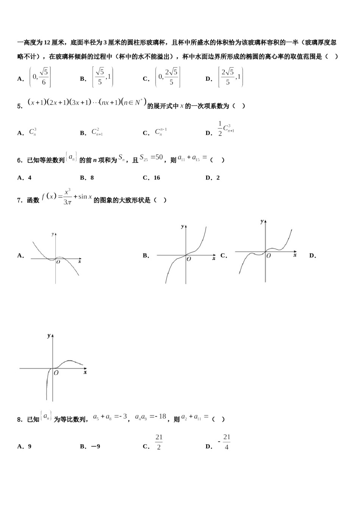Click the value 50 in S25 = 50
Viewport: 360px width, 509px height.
[x=159, y=157]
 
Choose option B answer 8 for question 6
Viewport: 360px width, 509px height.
[x=92, y=178]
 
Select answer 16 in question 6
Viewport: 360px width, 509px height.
[x=157, y=178]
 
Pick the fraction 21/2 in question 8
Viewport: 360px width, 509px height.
[x=159, y=442]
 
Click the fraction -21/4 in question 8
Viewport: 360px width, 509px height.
[x=225, y=442]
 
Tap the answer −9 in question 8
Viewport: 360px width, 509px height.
[x=95, y=447]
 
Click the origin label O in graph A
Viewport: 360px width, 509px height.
[x=58, y=262]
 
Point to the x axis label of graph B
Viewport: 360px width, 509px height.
[x=214, y=258]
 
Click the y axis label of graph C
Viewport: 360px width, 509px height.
[x=262, y=222]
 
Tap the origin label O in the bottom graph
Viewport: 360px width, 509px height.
[x=56, y=373]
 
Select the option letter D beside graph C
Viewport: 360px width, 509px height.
[x=312, y=256]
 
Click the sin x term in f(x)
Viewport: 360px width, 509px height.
[x=85, y=197]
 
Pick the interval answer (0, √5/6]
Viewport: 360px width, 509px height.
[x=40, y=77]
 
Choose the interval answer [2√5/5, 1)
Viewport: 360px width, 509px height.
[x=230, y=77]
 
